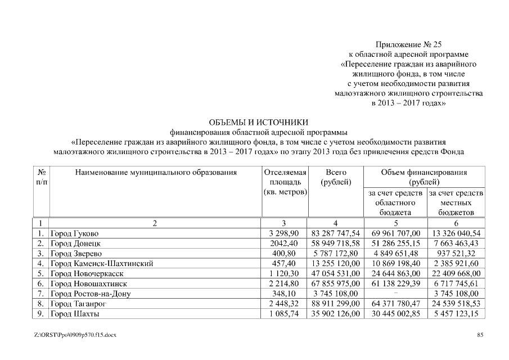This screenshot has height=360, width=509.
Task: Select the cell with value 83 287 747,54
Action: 336,233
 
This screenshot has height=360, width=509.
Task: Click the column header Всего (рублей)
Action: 336,177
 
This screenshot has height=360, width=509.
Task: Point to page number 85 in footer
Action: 480,335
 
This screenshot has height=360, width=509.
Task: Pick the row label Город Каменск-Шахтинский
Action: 102,263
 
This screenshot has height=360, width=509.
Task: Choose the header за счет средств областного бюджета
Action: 395,202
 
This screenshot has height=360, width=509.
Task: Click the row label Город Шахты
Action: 75,313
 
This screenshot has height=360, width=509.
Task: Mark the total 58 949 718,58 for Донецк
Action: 336,243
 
